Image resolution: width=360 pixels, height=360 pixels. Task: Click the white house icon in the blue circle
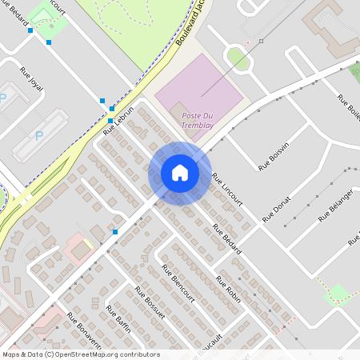pos(180,173)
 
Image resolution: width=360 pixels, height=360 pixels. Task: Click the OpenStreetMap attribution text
pos(80,354)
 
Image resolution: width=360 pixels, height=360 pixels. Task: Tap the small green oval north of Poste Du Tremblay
pos(236,57)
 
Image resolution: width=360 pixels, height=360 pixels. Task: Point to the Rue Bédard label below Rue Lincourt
pos(226,239)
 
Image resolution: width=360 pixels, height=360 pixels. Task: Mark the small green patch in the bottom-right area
pos(338,294)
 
